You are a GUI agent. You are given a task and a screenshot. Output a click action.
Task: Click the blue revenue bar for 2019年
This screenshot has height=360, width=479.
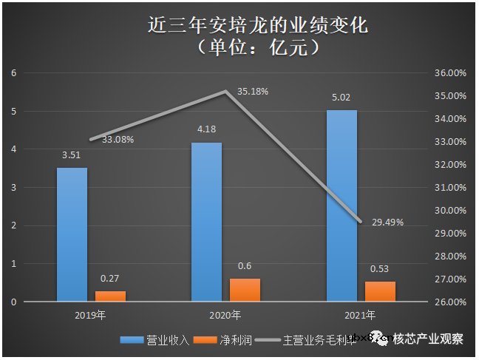(x=72, y=234)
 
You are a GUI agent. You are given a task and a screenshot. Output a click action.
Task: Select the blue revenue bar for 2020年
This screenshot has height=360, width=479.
(x=206, y=222)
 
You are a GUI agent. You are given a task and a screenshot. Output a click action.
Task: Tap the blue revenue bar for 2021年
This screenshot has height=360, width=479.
(x=342, y=206)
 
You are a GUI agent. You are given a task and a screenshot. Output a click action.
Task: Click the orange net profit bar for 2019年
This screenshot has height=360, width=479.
(x=110, y=296)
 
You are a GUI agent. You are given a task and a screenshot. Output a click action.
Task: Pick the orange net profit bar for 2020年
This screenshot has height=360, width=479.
(x=245, y=290)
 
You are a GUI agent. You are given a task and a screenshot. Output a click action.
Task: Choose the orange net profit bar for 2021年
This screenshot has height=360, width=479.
(x=380, y=291)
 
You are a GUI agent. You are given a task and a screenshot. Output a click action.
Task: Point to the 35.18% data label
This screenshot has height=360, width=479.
(x=252, y=92)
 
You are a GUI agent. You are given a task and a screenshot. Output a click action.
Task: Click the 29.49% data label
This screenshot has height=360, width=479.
(x=387, y=223)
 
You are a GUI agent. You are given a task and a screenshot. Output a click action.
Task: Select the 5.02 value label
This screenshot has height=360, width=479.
(x=342, y=98)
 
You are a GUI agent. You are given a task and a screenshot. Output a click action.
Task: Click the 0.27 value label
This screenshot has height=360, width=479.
(x=110, y=279)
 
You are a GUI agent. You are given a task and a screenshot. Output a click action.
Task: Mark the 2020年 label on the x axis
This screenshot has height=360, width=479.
(x=225, y=316)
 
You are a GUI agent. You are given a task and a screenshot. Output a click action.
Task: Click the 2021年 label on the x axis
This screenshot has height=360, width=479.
(x=361, y=316)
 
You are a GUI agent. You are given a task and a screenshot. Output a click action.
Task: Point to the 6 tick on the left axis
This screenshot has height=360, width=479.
(x=13, y=72)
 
